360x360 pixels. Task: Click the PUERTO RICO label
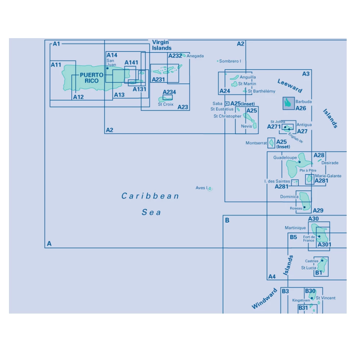91,78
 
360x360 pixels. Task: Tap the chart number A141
131,63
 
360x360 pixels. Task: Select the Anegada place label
195,56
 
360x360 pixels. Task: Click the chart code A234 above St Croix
169,92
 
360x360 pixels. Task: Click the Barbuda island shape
288,103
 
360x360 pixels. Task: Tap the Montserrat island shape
271,143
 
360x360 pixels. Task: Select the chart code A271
274,127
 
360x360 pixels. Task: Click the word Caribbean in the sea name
150,196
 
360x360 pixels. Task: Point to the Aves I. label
202,188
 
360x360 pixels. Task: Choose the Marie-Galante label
328,176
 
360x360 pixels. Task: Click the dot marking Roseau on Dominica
305,207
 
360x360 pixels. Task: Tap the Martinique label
295,228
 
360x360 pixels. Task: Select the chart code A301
324,245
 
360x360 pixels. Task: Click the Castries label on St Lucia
311,261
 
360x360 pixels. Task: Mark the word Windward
265,298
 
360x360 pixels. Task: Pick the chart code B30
310,291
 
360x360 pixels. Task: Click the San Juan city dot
107,68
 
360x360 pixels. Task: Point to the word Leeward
290,85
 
